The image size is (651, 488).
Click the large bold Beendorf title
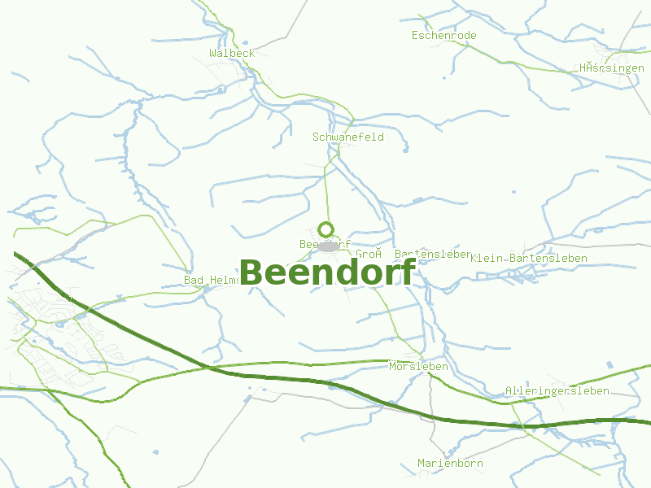tap(328, 272)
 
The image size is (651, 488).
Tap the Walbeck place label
tap(232, 53)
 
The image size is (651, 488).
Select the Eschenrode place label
tap(443, 36)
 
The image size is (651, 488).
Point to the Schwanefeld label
tap(348, 137)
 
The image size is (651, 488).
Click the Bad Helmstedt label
tap(212, 281)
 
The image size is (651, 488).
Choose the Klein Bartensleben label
tap(529, 258)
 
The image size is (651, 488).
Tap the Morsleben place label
tap(418, 367)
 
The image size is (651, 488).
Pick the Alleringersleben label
tap(557, 391)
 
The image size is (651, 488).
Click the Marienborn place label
tap(450, 464)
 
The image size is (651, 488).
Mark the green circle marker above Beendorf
tap(326, 229)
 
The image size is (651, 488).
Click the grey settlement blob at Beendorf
tap(328, 246)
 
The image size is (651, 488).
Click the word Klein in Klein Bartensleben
tap(487, 258)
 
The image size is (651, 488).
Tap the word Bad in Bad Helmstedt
tap(194, 281)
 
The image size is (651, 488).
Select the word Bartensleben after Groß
tap(433, 254)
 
